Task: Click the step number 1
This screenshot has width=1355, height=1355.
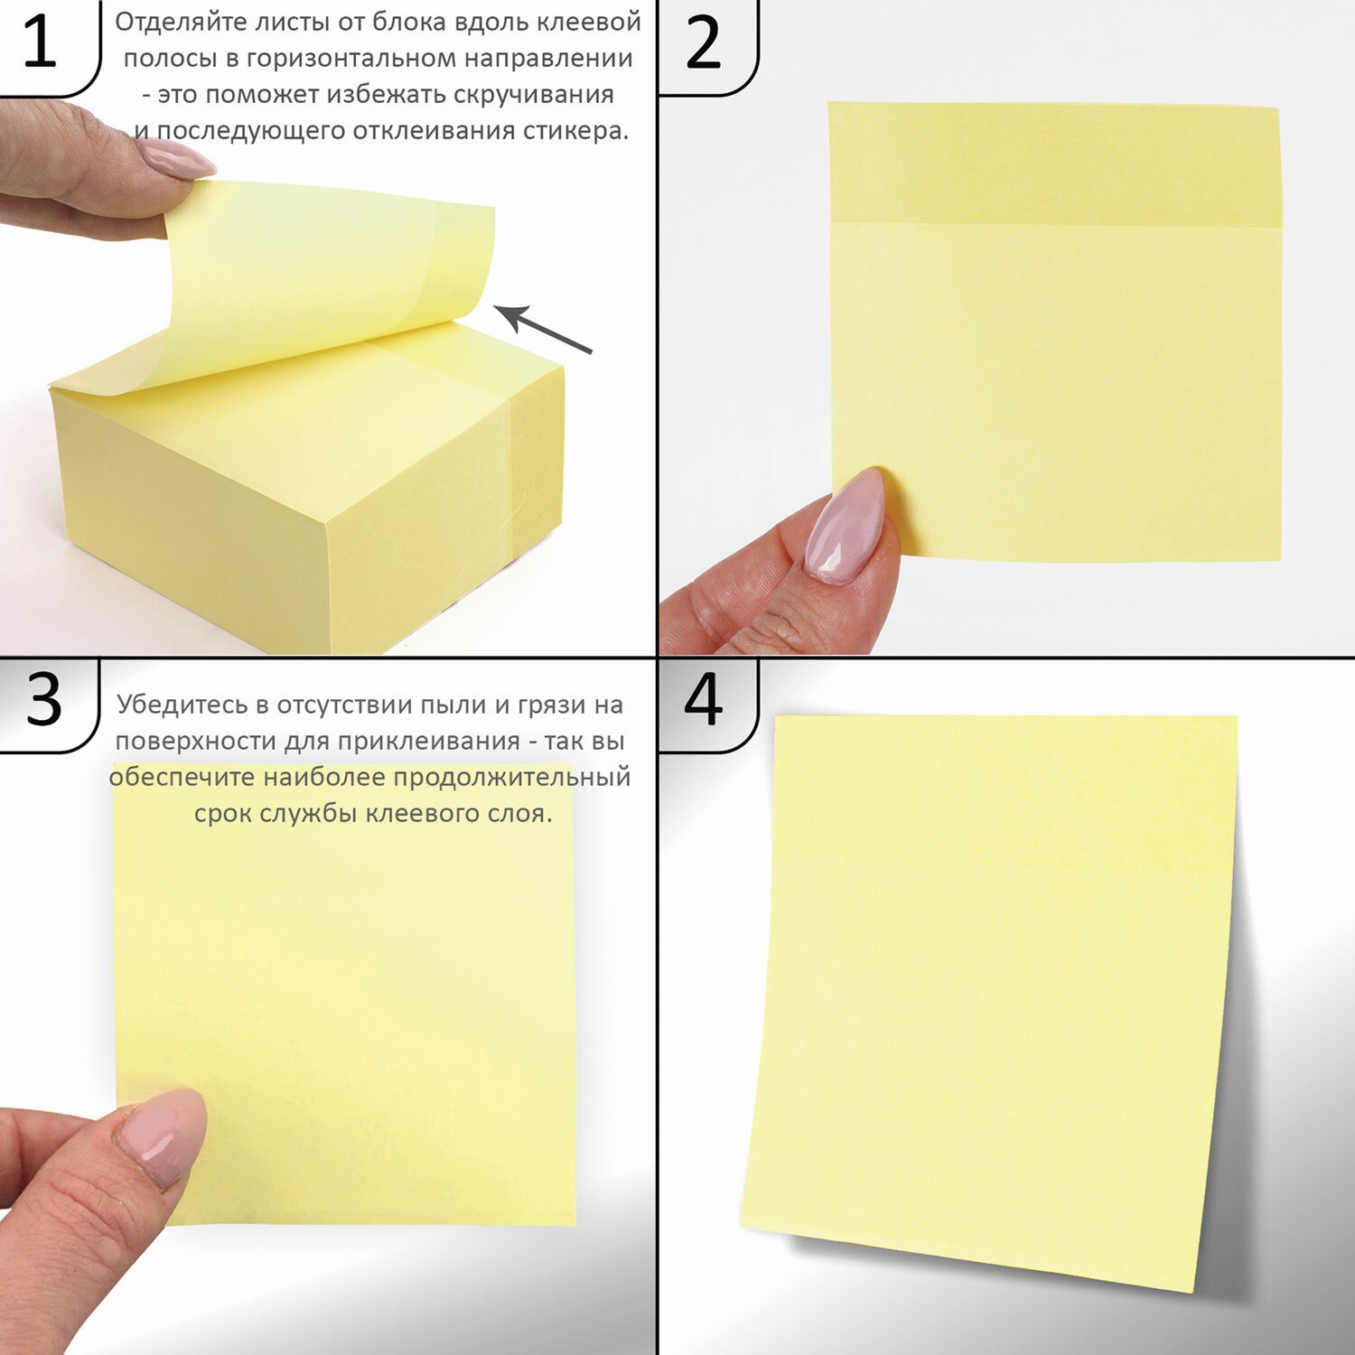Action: click(40, 42)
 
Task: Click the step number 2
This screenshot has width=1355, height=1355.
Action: click(703, 42)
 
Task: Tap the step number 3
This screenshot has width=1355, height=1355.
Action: click(43, 699)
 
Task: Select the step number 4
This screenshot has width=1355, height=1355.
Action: click(703, 698)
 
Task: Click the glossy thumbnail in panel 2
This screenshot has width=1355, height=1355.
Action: click(843, 526)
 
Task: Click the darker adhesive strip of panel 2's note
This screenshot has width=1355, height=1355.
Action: click(1055, 164)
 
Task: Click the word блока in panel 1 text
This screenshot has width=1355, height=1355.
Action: click(435, 23)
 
